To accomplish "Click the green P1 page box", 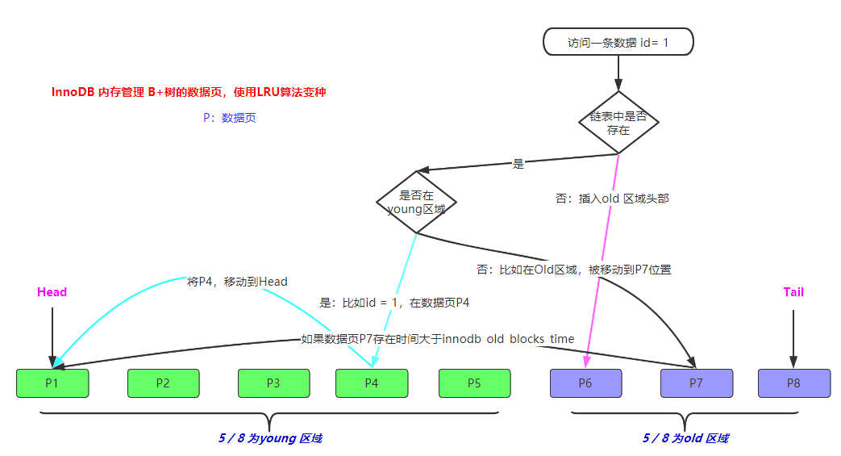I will [52, 383].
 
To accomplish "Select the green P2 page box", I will [163, 383].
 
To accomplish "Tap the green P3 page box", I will [273, 383].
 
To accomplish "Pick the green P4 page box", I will [371, 383].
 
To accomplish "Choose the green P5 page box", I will [474, 383].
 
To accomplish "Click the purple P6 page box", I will [585, 383].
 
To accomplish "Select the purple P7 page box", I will [696, 383].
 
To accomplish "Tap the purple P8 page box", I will [793, 383].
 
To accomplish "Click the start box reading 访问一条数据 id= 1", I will [618, 42].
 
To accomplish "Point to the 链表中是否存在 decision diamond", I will [618, 122].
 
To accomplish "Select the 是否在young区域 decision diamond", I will [416, 202].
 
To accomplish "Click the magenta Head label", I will [52, 292].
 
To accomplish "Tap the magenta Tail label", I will [793, 292].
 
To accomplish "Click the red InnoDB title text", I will [189, 93].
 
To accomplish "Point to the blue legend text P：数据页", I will [230, 118].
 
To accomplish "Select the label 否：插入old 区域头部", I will [612, 199].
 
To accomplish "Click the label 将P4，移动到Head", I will [237, 282].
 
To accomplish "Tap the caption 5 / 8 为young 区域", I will [270, 438].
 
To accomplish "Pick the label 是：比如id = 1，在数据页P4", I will [394, 303].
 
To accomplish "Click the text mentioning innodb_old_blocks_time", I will [437, 339].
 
